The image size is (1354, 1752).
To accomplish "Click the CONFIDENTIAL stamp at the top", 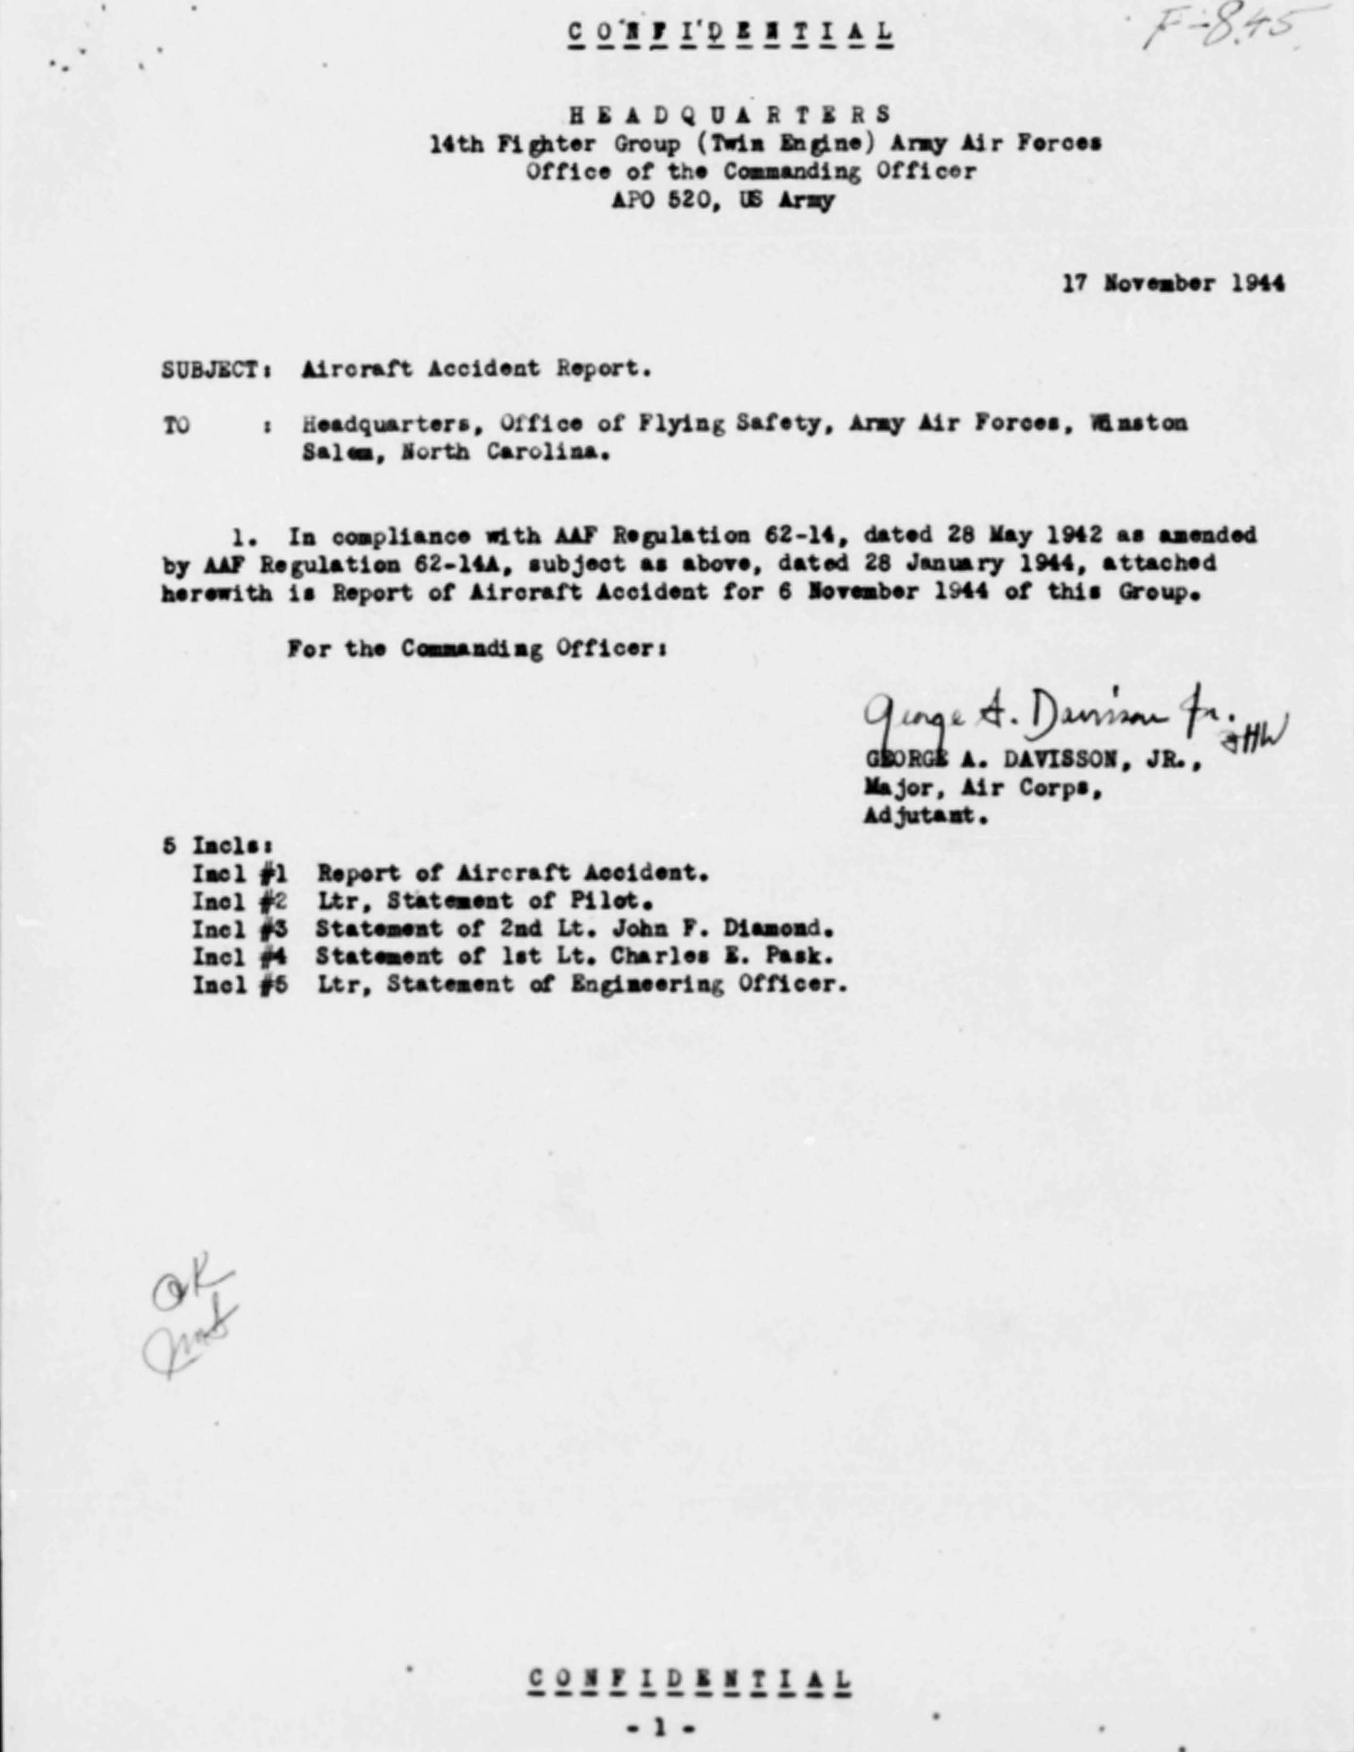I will click(730, 33).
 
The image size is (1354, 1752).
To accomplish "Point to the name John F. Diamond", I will click(722, 929).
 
